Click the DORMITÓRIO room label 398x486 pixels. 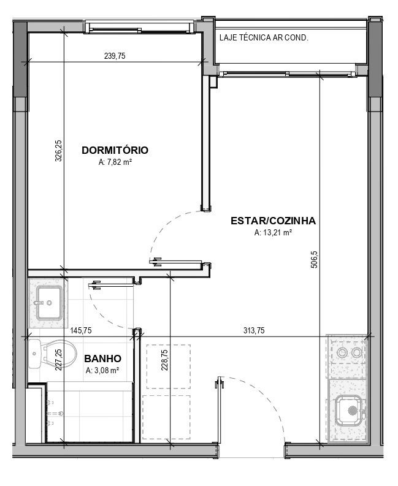[x=115, y=150]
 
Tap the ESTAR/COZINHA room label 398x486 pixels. [x=273, y=221]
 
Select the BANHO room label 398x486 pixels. [x=102, y=359]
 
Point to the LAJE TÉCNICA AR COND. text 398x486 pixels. [x=264, y=38]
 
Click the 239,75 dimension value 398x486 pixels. [x=115, y=56]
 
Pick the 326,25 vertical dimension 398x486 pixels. [x=59, y=151]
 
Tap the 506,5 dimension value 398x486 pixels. [x=314, y=260]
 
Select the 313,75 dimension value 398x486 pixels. [x=254, y=330]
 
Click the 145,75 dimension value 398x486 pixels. [x=81, y=330]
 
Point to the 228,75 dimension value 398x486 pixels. [x=164, y=360]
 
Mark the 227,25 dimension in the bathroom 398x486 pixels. [x=59, y=360]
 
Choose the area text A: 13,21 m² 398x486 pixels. [x=273, y=232]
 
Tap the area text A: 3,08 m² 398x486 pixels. [x=102, y=370]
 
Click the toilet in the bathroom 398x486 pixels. [x=52, y=354]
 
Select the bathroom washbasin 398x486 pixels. [x=49, y=303]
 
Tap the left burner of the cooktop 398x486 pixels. [x=342, y=352]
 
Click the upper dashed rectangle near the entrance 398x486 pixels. [x=169, y=366]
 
